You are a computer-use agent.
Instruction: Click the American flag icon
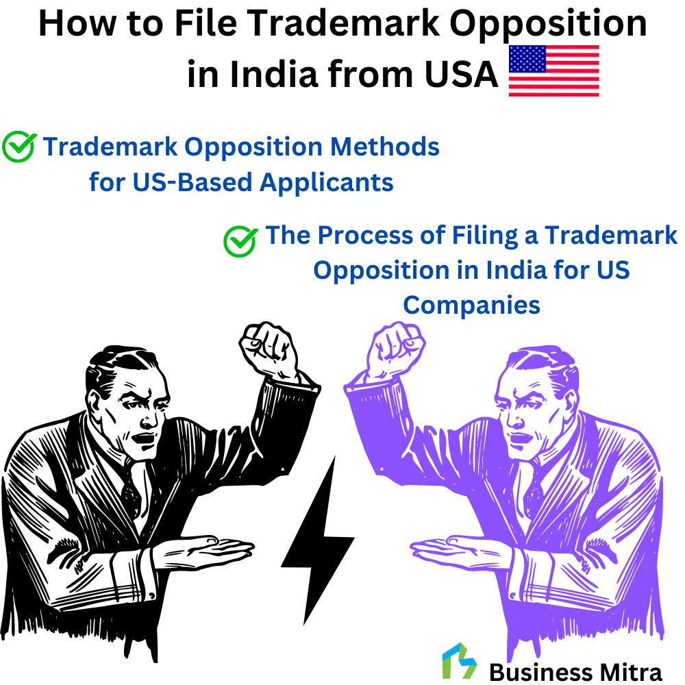[x=553, y=71]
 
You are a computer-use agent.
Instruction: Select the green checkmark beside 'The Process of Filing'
[x=240, y=240]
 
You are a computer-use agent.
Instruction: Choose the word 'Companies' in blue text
[x=471, y=305]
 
